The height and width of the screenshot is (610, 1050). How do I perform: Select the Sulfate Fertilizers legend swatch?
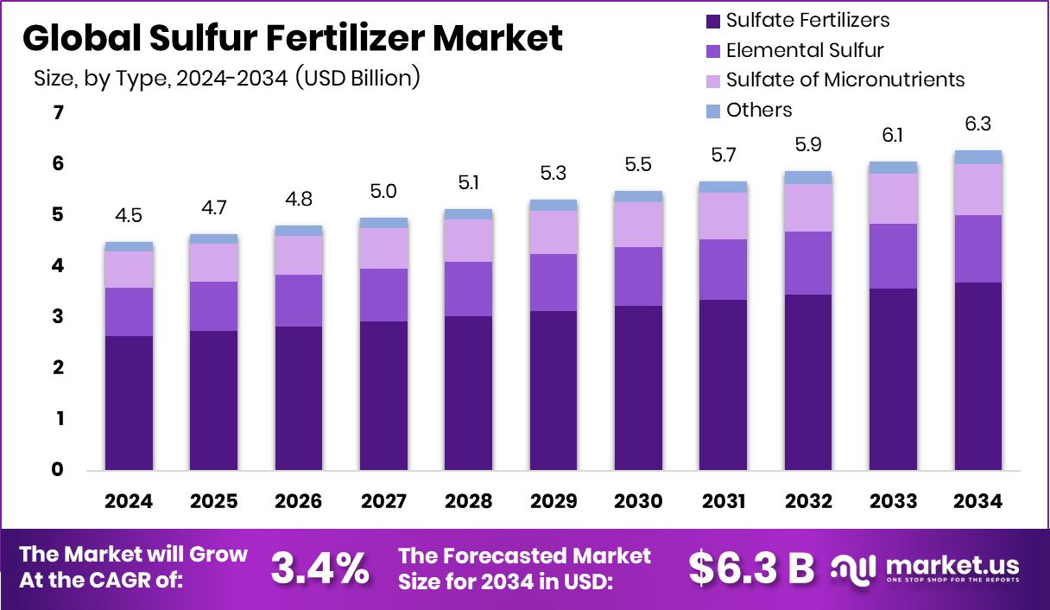point(712,21)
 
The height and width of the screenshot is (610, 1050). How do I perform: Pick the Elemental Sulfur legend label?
point(805,50)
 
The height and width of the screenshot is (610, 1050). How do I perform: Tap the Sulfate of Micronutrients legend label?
point(844,79)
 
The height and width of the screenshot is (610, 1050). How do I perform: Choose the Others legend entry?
point(758,110)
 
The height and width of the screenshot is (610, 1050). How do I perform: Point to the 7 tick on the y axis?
point(59,112)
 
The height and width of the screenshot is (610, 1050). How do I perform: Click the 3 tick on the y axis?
point(59,317)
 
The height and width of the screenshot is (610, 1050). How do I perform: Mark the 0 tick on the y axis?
point(59,470)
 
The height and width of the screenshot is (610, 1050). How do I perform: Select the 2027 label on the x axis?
point(383,502)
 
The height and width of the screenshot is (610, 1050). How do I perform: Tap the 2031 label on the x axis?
point(723,502)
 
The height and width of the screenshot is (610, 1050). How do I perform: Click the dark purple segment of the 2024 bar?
point(129,403)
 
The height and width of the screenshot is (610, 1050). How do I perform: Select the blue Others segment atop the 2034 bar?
point(977,157)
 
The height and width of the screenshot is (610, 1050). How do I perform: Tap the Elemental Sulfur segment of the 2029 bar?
point(553,283)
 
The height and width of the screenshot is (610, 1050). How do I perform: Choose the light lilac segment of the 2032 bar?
point(808,207)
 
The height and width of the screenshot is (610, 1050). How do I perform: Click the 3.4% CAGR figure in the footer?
point(319,568)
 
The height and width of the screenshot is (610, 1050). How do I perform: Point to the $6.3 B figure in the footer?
point(751,568)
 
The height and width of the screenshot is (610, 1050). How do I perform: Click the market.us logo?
point(925,568)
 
